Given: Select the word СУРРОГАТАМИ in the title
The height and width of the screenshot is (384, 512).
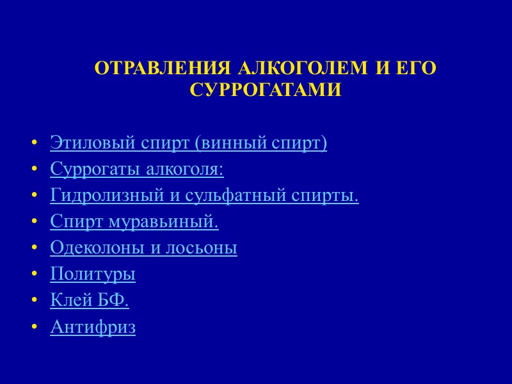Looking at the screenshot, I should [x=266, y=90].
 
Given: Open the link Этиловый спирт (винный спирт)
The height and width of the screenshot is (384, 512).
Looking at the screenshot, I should [x=188, y=143].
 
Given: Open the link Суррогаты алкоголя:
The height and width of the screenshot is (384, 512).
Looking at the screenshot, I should [x=137, y=170].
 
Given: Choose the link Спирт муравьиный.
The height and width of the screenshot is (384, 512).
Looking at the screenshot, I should [x=134, y=221].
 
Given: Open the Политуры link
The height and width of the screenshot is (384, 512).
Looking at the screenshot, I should [x=93, y=275].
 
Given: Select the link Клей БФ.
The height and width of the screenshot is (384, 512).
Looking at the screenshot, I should [x=90, y=301].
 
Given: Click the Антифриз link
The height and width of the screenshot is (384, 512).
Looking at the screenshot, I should [x=93, y=328].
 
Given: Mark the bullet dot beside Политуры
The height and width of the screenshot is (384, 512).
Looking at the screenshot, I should [x=33, y=275].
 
